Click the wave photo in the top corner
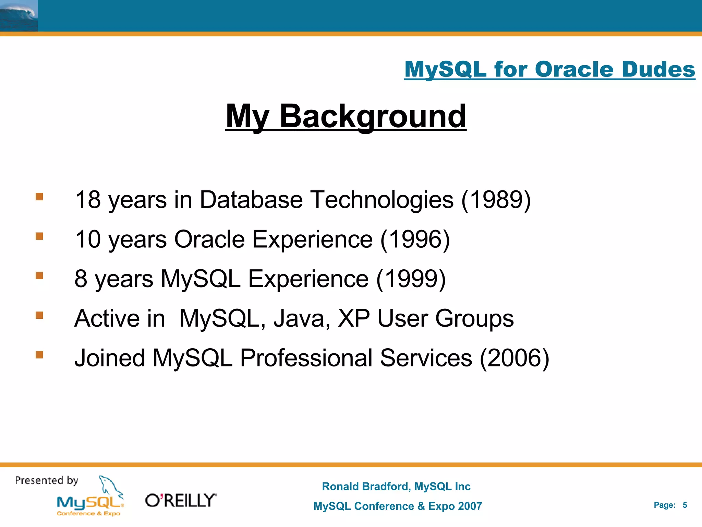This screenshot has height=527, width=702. point(19,15)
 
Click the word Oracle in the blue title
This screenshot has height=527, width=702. point(574,69)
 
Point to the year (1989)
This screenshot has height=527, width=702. point(496,200)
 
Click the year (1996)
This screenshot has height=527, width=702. point(415,239)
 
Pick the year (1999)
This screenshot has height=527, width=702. point(411,279)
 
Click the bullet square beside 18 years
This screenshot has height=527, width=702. point(39,197)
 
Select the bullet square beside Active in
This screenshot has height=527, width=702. point(39,315)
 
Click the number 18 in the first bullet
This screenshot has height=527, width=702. point(88,200)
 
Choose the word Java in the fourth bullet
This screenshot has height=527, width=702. point(301,318)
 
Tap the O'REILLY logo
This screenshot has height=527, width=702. point(181,501)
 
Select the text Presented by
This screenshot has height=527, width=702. point(47,480)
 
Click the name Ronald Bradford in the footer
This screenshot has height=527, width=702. point(366,486)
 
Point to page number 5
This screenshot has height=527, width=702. point(685,505)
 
